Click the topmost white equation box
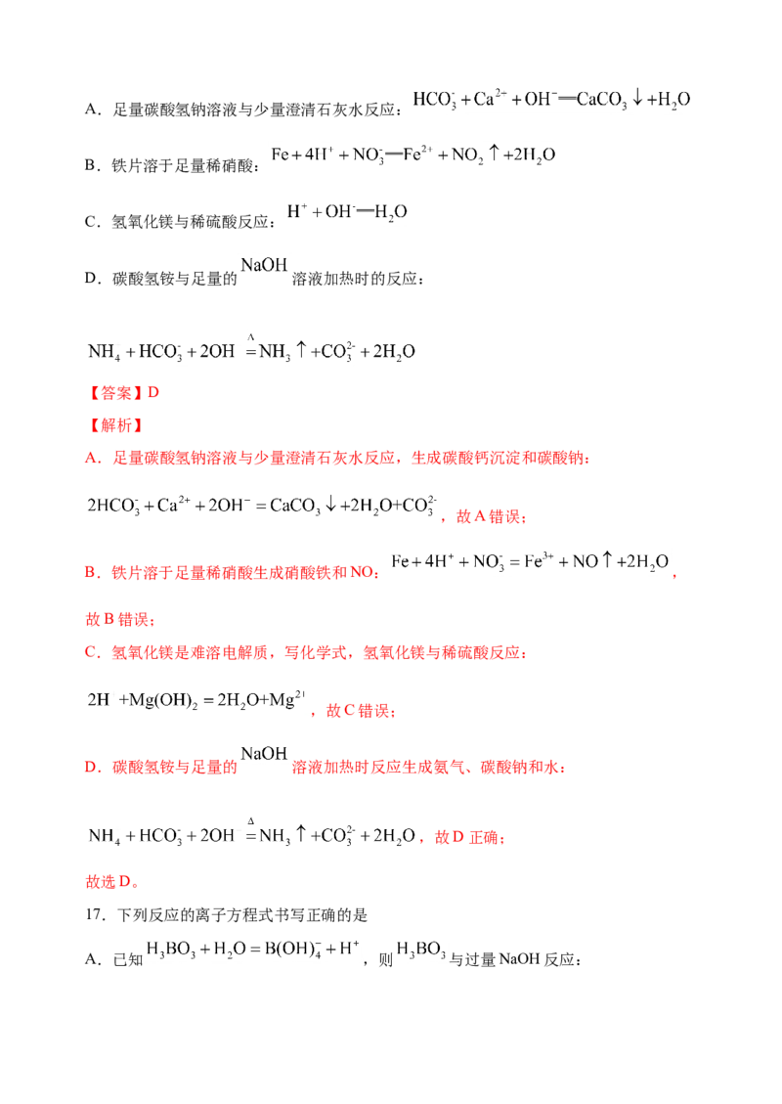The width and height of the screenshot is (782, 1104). pos(550,98)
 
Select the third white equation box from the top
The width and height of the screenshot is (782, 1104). pos(343,211)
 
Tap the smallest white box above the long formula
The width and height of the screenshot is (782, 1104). pos(263,265)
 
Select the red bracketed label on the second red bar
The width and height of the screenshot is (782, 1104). pos(115,426)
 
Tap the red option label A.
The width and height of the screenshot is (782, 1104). pos(89,458)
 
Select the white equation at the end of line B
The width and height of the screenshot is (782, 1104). pos(528,562)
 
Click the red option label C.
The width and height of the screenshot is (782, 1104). pos(88,652)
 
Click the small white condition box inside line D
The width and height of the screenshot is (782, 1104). pos(264,752)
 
